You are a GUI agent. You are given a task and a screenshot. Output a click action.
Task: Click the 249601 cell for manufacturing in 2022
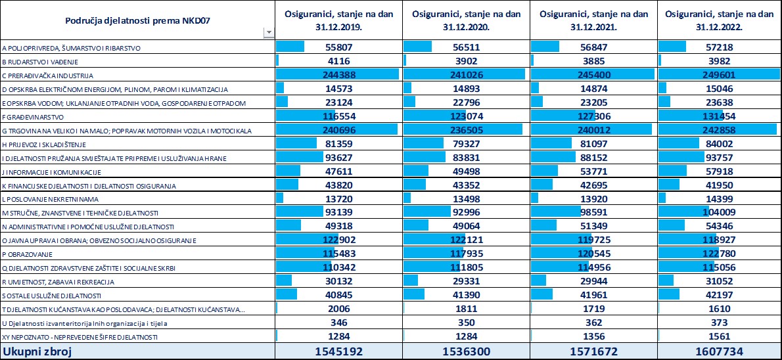720,75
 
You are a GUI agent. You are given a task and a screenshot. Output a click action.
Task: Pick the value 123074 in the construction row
467,117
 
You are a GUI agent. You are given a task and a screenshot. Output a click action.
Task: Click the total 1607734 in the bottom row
720,351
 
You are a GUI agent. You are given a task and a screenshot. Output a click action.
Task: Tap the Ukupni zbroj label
37,351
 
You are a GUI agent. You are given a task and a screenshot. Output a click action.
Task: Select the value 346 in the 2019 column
339,323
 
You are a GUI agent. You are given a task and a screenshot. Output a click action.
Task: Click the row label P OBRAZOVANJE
25,255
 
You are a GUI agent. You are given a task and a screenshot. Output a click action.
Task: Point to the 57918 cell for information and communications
720,172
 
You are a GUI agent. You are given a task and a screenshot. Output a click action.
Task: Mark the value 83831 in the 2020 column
467,158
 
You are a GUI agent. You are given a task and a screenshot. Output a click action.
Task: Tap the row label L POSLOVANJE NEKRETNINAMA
50,200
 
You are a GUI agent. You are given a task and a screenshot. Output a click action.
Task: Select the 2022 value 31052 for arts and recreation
720,282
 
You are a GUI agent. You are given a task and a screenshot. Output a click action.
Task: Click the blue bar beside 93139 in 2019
300,213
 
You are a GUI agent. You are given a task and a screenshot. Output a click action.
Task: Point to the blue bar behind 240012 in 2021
591,130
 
